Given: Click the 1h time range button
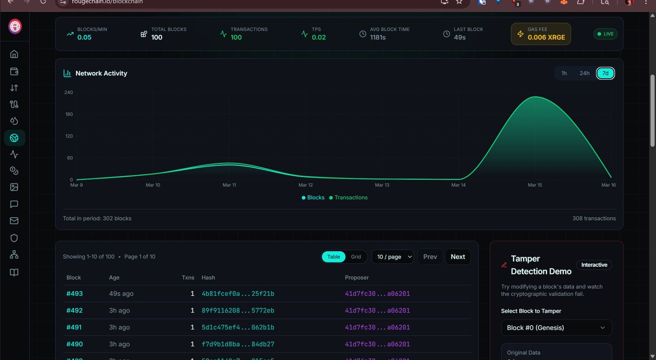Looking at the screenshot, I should pos(564,73).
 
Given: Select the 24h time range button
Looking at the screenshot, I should pos(584,73).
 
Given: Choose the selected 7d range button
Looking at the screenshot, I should pos(605,73).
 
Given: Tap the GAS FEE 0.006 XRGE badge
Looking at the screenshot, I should pos(541,34).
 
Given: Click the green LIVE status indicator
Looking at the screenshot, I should pos(606,34).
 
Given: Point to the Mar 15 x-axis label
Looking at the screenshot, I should pos(535,185).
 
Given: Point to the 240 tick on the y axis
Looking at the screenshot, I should pos(69,92).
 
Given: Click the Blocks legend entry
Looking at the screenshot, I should pos(313,197).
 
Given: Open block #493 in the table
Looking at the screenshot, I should pos(74,294).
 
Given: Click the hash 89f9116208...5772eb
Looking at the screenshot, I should pos(238,311).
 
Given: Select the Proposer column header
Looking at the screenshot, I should pos(356,278).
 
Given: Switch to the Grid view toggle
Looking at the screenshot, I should pos(356,257).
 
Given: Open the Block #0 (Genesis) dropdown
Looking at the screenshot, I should pos(556,328).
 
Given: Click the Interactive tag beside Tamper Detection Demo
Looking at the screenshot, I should pos(594,265).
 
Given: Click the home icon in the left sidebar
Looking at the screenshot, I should pos(14,54).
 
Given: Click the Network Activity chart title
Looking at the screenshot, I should pos(101,73).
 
